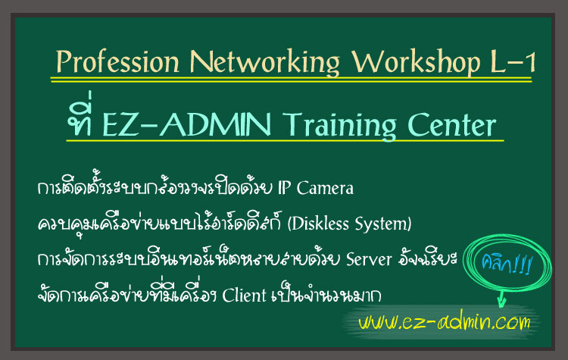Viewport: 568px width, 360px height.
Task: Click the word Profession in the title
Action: (117, 61)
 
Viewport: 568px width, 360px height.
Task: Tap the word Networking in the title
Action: (265, 62)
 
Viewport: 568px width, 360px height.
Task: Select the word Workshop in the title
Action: (417, 62)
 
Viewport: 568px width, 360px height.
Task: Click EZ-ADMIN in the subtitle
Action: (186, 124)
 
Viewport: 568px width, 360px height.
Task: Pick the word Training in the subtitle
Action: (339, 126)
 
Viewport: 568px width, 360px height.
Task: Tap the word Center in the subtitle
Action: (451, 124)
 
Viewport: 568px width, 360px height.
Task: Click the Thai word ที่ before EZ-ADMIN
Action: (79, 115)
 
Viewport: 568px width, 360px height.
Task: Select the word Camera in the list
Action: (325, 188)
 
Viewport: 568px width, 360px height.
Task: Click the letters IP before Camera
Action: (284, 187)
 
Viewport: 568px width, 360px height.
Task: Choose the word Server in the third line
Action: (369, 259)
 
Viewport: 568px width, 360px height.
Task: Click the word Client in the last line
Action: (244, 295)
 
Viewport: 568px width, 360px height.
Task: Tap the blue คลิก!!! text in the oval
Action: (506, 264)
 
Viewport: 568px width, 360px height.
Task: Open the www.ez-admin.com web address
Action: (444, 322)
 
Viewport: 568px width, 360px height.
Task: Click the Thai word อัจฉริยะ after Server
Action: (427, 258)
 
